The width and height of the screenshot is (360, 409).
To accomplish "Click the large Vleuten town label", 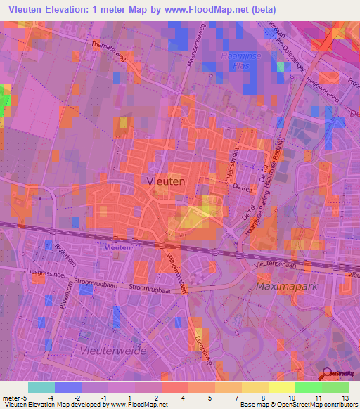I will [166, 181].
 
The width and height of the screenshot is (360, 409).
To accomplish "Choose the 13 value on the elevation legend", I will [345, 398].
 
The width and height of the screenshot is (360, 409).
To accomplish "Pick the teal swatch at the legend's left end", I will [41, 387].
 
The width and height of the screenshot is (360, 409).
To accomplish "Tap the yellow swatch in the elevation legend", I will [281, 387].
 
